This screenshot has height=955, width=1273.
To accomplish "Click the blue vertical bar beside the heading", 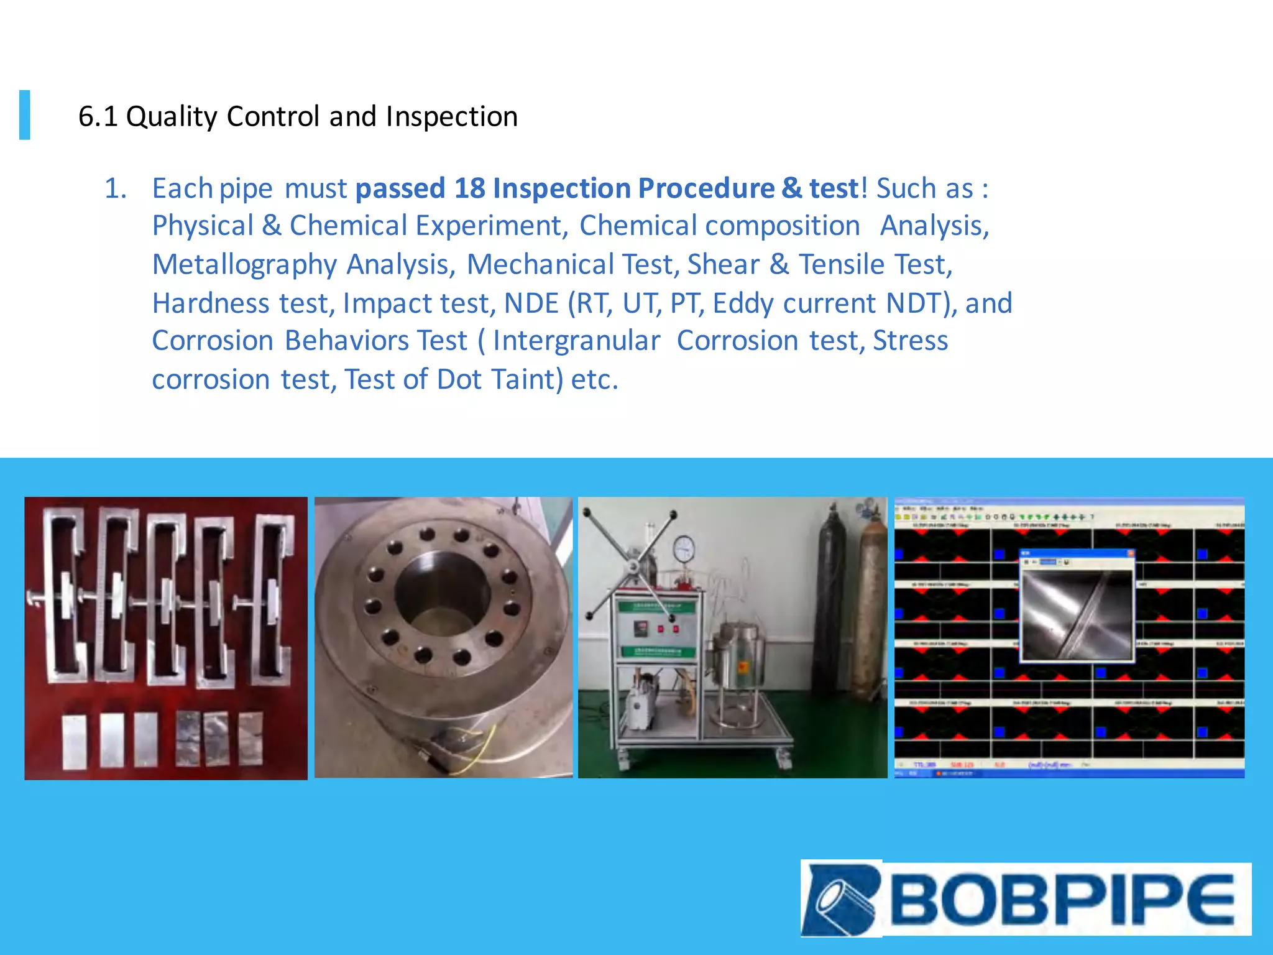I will (25, 115).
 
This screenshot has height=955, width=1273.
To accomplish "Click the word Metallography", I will (244, 265).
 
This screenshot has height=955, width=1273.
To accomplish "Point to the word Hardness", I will (211, 303).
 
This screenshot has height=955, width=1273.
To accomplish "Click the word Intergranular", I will (576, 341).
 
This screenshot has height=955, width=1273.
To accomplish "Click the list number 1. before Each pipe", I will (115, 188).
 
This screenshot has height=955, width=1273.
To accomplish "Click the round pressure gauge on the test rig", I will (684, 548).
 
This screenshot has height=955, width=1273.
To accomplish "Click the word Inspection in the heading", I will (451, 117).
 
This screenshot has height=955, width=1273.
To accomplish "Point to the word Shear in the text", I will (723, 265).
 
